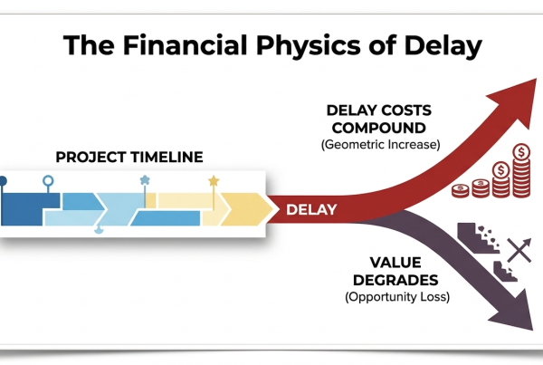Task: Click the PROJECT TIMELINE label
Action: coord(129,158)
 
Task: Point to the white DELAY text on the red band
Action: coord(311,210)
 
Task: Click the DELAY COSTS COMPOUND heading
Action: coord(381,118)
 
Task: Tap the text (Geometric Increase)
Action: coord(380,142)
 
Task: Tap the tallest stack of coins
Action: coord(520,172)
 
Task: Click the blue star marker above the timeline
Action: coord(145,180)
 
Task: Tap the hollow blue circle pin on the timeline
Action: coord(47,183)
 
